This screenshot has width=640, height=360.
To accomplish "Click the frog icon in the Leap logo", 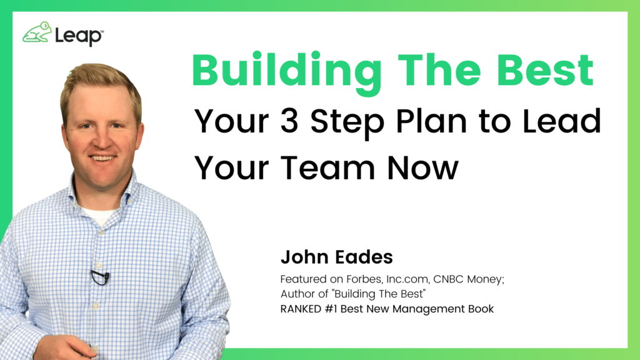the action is coord(37,32).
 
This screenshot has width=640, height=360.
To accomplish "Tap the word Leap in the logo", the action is coord(78,36).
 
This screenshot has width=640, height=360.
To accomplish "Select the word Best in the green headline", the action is coord(545,69).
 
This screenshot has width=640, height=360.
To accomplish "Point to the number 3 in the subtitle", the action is coord(289,121).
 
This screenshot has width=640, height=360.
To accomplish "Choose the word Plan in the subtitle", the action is coord(432,121).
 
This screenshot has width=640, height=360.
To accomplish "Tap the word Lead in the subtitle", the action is coord(562,121).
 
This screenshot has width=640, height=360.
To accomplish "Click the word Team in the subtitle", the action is coord(327,167).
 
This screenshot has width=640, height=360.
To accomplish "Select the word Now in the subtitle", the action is coord(423,167).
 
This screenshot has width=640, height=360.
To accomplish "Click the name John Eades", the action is coord(337,257).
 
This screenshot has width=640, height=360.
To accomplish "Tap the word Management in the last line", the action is coord(429,309).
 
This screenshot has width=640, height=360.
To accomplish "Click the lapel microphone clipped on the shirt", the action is coord(100,277).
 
